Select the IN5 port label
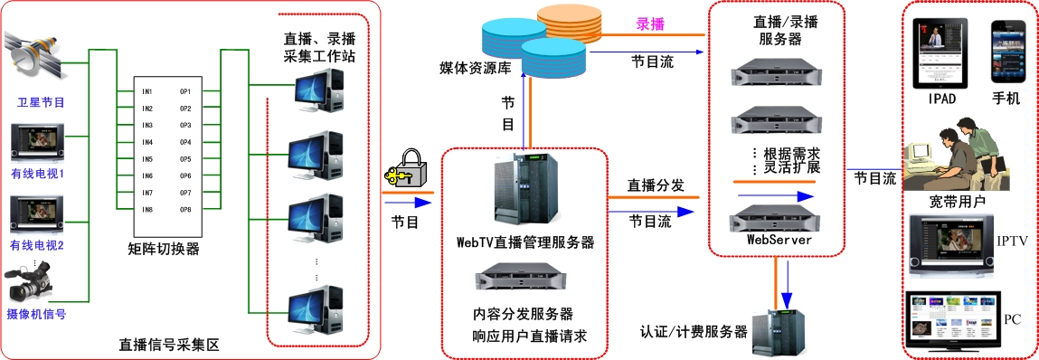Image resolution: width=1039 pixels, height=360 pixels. pyautogui.click(x=147, y=159)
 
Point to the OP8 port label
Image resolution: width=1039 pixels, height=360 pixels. pyautogui.click(x=185, y=210)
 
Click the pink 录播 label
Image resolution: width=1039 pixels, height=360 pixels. pyautogui.click(x=650, y=24)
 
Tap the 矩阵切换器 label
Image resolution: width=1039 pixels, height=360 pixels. pyautogui.click(x=163, y=250)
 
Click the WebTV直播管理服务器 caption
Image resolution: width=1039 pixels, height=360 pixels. pyautogui.click(x=524, y=242)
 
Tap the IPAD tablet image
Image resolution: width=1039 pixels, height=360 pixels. pyautogui.click(x=940, y=53)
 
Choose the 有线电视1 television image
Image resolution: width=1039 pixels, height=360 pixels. pyautogui.click(x=37, y=142)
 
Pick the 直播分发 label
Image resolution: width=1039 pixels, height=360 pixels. pyautogui.click(x=656, y=185)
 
